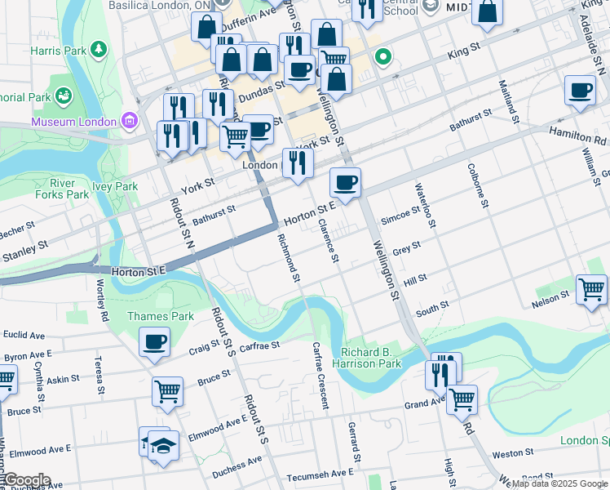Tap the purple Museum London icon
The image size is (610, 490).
pyautogui.click(x=128, y=122)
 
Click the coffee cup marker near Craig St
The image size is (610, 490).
pyautogui.click(x=154, y=342)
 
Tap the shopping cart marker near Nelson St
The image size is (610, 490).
pyautogui.click(x=591, y=290)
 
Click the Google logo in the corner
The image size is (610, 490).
pyautogui.click(x=26, y=480)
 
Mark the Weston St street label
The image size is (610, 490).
pyautogui.click(x=513, y=452)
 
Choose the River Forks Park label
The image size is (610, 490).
pyautogui.click(x=62, y=189)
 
